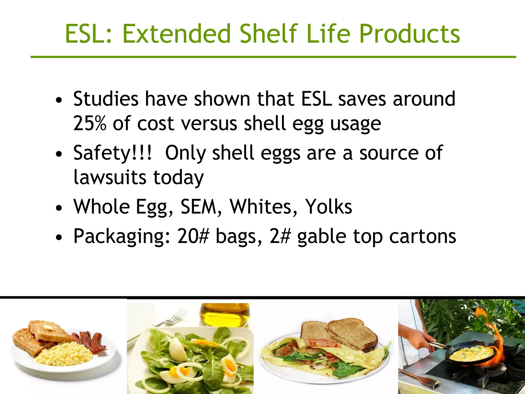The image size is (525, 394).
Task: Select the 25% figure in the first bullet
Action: click(89, 123)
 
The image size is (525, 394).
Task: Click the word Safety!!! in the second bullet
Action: click(113, 153)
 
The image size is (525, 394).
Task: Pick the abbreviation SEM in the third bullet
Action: click(198, 206)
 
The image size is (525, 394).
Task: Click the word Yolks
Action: click(329, 206)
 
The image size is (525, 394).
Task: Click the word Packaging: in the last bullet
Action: click(122, 237)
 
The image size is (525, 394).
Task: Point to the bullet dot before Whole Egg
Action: click(59, 208)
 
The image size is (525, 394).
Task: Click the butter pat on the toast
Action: click(48, 328)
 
